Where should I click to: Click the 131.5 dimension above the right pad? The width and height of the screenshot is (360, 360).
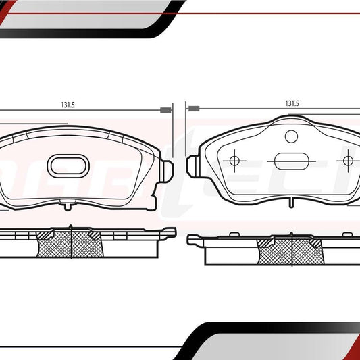(x=292, y=105)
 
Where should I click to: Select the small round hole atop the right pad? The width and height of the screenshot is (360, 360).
(x=291, y=136)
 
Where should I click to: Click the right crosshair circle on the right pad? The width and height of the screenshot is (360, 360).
(x=349, y=161)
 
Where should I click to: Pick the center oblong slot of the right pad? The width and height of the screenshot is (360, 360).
(x=291, y=162)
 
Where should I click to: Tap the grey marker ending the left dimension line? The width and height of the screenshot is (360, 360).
(x=164, y=110)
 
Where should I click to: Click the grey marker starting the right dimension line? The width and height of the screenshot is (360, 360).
(x=194, y=108)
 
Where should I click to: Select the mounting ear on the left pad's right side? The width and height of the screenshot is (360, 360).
(x=166, y=168)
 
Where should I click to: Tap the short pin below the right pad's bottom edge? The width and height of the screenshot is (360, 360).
(x=291, y=202)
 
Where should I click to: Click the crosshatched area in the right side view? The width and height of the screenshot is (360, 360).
(x=291, y=250)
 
